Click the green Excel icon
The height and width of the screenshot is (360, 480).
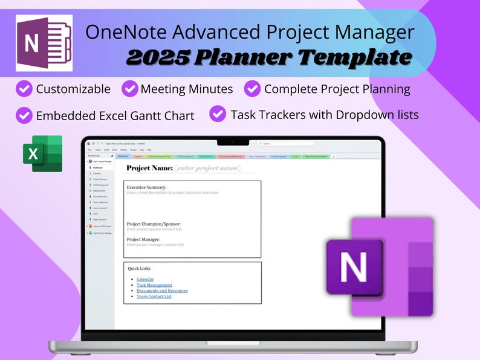pos(42,153)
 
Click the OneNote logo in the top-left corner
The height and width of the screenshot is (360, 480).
pos(44,43)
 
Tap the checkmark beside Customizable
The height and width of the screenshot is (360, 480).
pos(24,89)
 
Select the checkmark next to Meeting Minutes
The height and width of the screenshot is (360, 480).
pos(129,89)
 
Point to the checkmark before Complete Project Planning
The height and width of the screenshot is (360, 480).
pos(252,89)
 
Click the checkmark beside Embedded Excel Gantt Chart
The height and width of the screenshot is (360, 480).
pos(24,115)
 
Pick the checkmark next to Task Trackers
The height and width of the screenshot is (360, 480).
pos(218,114)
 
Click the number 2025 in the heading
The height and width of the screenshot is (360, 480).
pos(158,57)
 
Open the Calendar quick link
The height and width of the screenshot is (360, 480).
pos(145,280)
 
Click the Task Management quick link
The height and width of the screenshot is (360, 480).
pos(154,285)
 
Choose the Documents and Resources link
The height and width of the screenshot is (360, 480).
pos(162,291)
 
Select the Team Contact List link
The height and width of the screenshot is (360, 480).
pos(154,297)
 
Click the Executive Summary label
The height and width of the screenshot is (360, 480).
pos(146,187)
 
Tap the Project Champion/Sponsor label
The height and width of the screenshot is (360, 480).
pos(154,224)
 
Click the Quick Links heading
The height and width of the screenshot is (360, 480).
pos(139,268)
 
